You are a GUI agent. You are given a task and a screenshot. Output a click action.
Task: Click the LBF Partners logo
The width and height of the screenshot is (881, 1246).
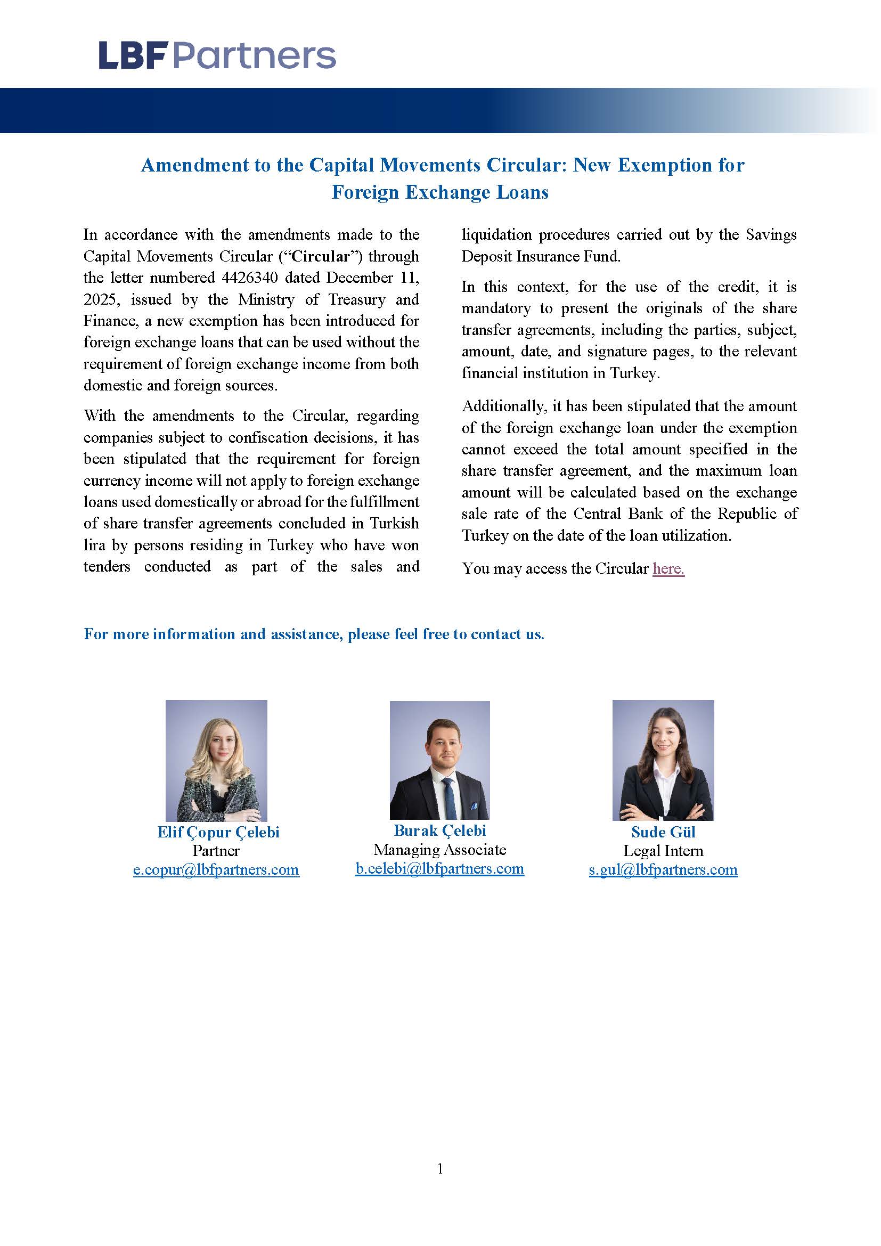tap(217, 56)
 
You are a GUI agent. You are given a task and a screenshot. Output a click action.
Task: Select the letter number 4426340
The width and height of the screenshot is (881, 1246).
tap(249, 278)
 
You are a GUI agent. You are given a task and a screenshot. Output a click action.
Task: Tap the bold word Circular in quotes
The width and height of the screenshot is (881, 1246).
tap(321, 256)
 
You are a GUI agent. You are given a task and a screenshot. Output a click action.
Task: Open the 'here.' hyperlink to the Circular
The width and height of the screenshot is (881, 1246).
tap(668, 568)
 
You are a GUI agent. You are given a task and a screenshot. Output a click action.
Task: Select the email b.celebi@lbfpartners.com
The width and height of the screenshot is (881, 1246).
tap(439, 868)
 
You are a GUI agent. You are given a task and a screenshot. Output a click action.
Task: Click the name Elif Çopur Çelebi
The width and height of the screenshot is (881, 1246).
tap(218, 832)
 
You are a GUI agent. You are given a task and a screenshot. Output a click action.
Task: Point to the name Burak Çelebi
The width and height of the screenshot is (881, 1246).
tap(439, 830)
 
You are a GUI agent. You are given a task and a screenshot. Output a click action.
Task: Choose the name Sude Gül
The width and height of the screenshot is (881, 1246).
tap(663, 832)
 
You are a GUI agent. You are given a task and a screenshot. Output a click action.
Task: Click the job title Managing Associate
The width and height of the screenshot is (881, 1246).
tap(439, 849)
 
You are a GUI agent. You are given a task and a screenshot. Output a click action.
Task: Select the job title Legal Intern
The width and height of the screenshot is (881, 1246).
tap(663, 850)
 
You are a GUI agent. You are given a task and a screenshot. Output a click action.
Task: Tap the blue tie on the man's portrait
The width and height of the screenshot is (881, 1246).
tap(448, 799)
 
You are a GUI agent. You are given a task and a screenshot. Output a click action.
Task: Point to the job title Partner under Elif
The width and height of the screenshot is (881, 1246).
tap(216, 850)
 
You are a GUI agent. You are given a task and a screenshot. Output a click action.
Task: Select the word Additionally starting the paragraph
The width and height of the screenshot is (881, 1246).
tap(503, 406)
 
